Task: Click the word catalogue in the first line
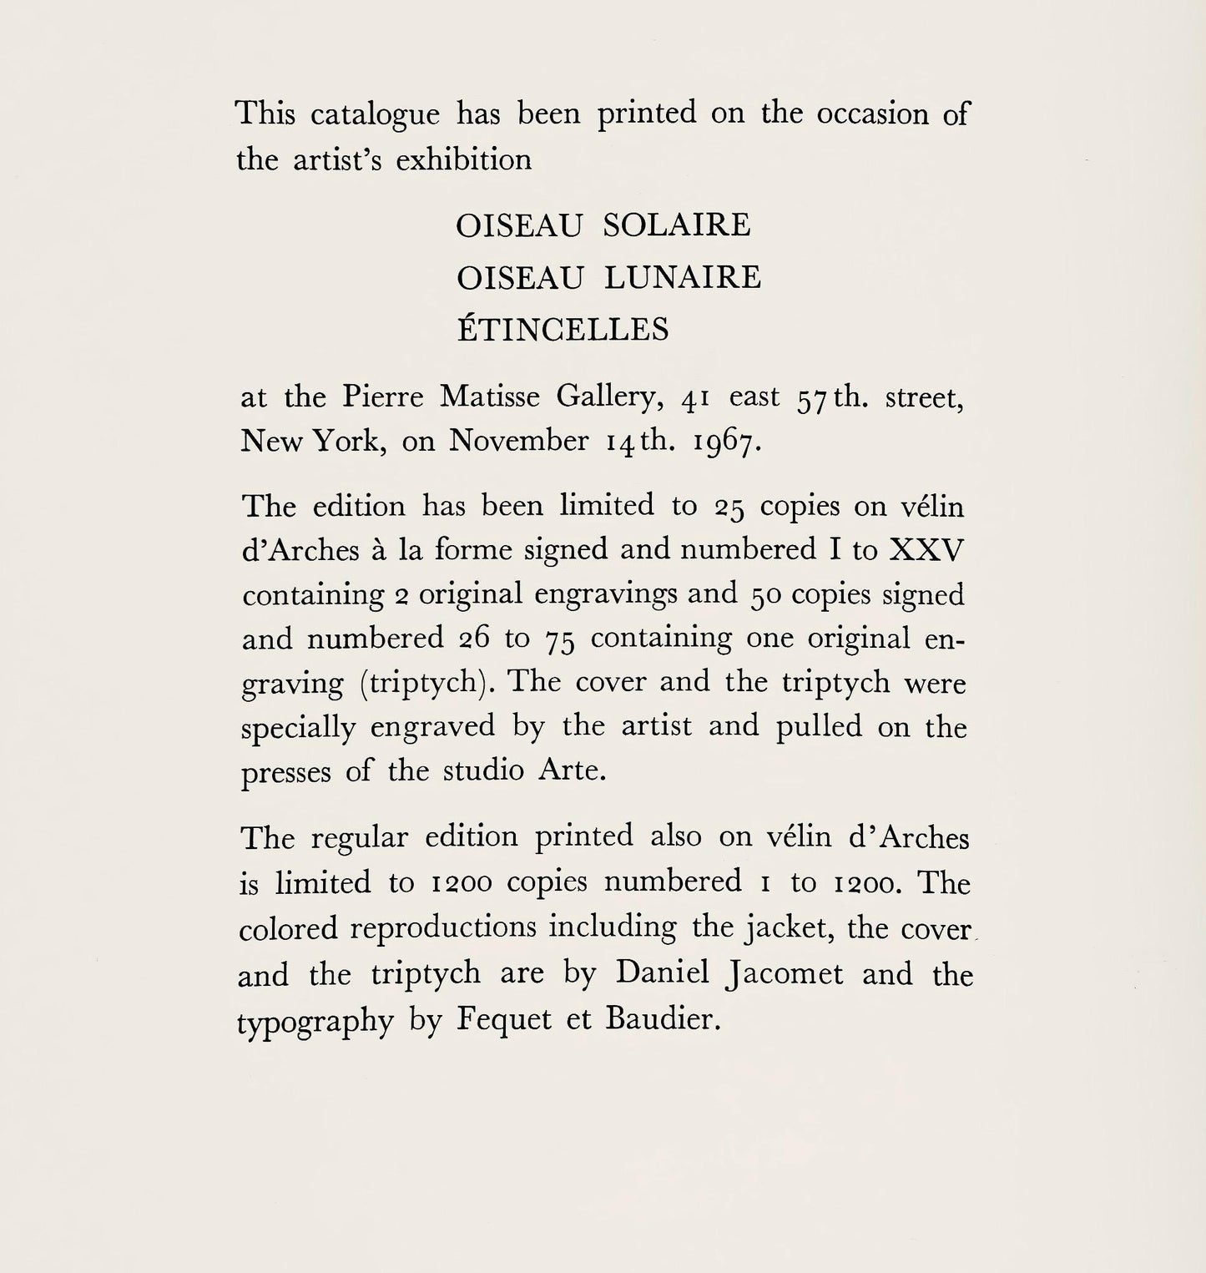pyautogui.click(x=375, y=114)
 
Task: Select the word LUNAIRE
pyautogui.click(x=683, y=278)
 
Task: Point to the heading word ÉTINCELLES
pyautogui.click(x=563, y=330)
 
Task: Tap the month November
pyautogui.click(x=518, y=441)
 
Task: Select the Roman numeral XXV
pyautogui.click(x=927, y=550)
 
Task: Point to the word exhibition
pyautogui.click(x=463, y=159)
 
